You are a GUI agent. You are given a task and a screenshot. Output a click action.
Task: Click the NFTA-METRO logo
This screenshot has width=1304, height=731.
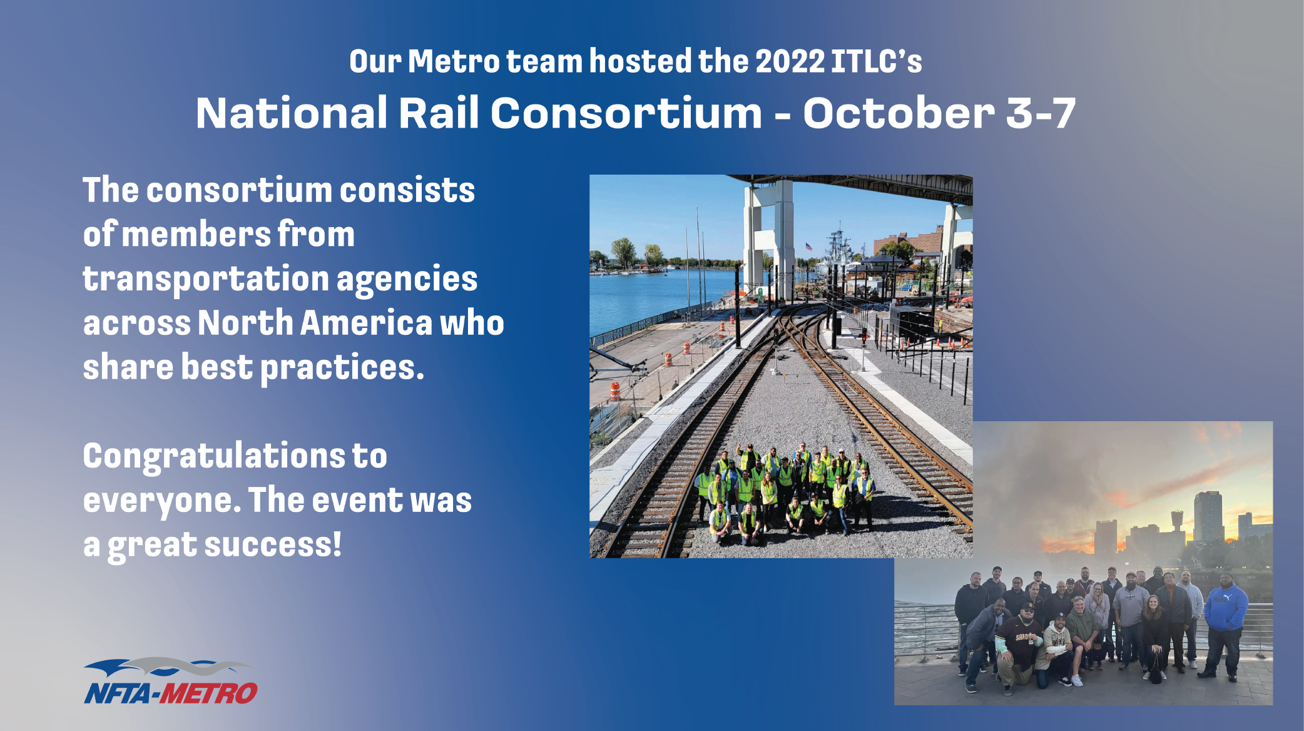(x=170, y=682)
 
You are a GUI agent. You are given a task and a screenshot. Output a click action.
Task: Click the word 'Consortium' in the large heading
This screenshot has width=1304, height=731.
(x=626, y=114)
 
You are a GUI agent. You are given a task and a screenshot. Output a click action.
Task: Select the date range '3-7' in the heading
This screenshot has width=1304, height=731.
(x=1041, y=114)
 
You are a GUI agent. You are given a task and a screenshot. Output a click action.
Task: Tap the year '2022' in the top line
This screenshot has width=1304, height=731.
(x=790, y=61)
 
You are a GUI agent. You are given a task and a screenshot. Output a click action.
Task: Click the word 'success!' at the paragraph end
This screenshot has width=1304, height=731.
(x=273, y=544)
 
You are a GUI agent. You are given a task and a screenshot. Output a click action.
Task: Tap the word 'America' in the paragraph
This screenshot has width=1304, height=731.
(x=367, y=323)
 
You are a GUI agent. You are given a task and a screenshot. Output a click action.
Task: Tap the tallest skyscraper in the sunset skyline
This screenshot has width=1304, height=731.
(x=1208, y=516)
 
